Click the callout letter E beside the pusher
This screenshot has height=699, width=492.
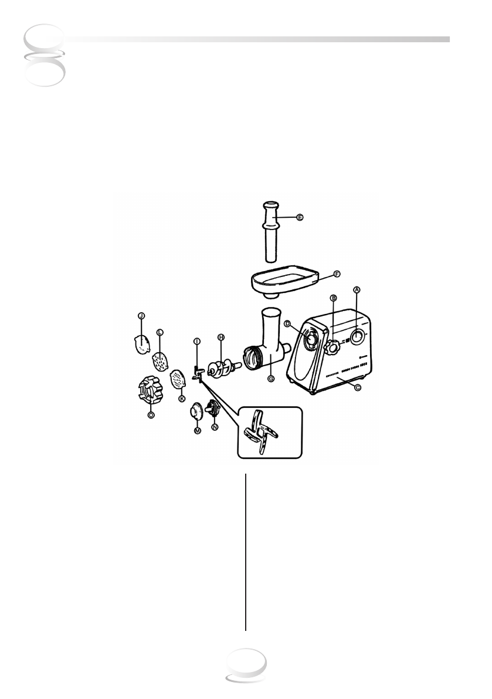click(x=300, y=217)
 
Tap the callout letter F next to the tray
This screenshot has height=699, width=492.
click(x=337, y=273)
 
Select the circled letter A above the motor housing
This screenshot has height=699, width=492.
click(x=356, y=289)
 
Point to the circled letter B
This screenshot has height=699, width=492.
click(x=333, y=298)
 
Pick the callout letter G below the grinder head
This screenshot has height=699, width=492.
click(x=271, y=379)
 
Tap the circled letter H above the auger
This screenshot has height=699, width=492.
click(x=221, y=337)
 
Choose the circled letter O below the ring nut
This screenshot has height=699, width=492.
click(x=151, y=414)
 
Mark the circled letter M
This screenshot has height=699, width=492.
click(x=198, y=430)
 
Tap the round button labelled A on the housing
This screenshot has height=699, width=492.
click(x=356, y=336)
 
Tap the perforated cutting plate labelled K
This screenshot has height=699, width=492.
click(x=178, y=380)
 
